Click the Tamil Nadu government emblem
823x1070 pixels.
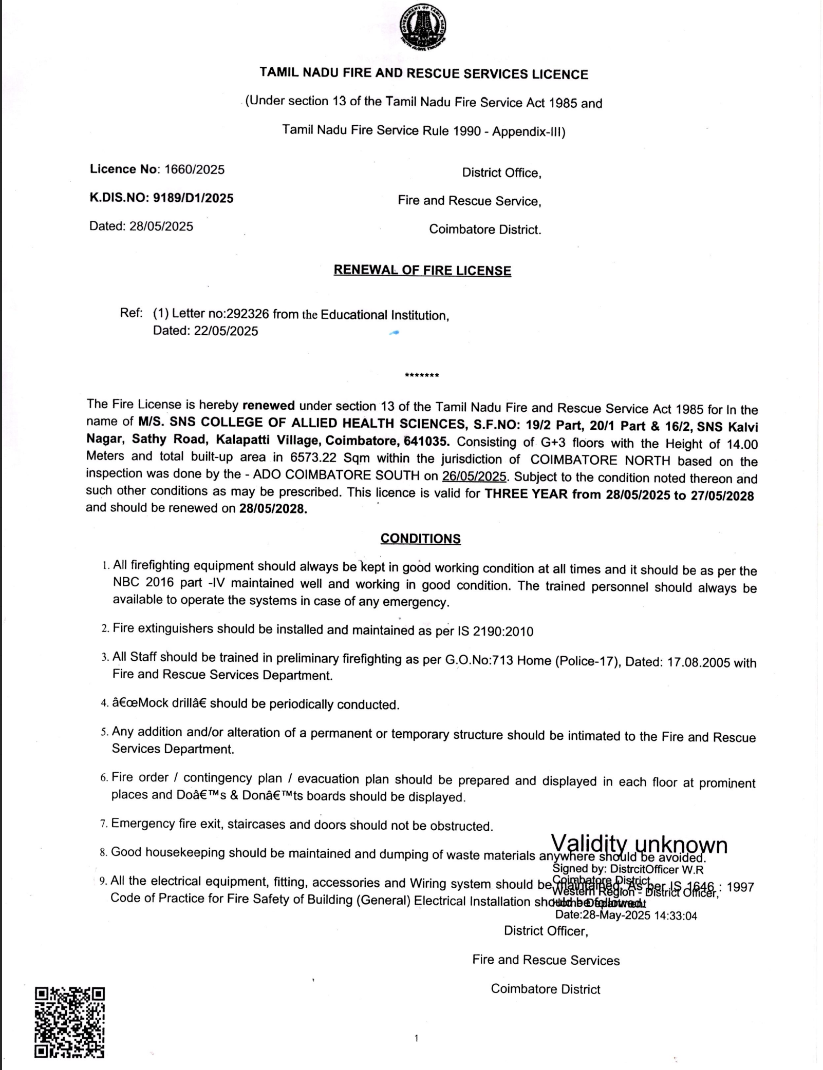(x=423, y=26)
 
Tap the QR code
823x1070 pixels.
(x=69, y=1022)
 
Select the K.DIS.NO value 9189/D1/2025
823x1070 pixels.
(x=193, y=198)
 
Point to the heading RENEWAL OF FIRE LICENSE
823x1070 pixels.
(x=422, y=271)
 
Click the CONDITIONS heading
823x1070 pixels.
(x=420, y=538)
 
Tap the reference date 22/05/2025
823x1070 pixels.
(x=226, y=331)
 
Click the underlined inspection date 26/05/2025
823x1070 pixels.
(x=474, y=476)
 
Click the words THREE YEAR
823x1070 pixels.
(x=526, y=494)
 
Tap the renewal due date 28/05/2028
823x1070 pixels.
(x=273, y=509)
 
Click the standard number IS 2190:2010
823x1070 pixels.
(x=495, y=631)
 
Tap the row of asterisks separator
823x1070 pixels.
(x=422, y=375)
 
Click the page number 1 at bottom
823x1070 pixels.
(x=416, y=1038)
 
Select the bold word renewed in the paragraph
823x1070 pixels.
(x=268, y=405)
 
